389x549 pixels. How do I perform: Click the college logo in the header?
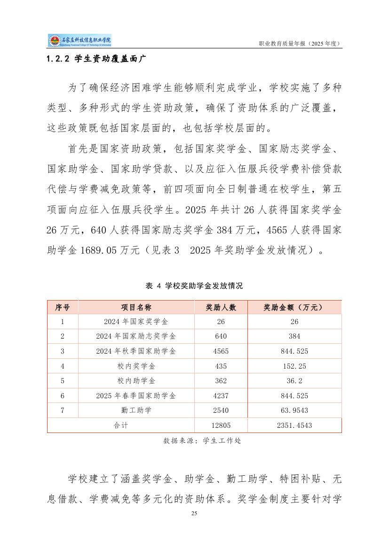(x=79, y=41)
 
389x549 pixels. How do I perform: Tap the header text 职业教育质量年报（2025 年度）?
(x=300, y=43)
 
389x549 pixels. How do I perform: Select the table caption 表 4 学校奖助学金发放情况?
(x=194, y=286)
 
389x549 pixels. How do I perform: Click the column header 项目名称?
(x=136, y=307)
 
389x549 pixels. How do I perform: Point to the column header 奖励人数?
(x=221, y=307)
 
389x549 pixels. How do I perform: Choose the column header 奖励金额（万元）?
(x=294, y=307)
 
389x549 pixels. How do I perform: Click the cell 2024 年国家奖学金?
(x=136, y=322)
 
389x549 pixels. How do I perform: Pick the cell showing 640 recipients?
(x=221, y=336)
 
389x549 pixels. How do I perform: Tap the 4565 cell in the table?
(x=221, y=351)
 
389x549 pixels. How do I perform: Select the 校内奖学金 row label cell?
(x=136, y=366)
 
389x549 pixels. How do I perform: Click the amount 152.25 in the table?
(x=294, y=366)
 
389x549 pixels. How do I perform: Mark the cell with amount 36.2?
(x=294, y=381)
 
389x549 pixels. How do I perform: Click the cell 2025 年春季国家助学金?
(x=136, y=395)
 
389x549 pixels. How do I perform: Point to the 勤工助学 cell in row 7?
(x=136, y=410)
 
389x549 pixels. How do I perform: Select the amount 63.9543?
(x=294, y=410)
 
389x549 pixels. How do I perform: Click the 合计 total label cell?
(x=121, y=425)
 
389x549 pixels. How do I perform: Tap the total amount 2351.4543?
(x=294, y=425)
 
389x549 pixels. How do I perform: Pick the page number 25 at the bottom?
(x=194, y=513)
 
